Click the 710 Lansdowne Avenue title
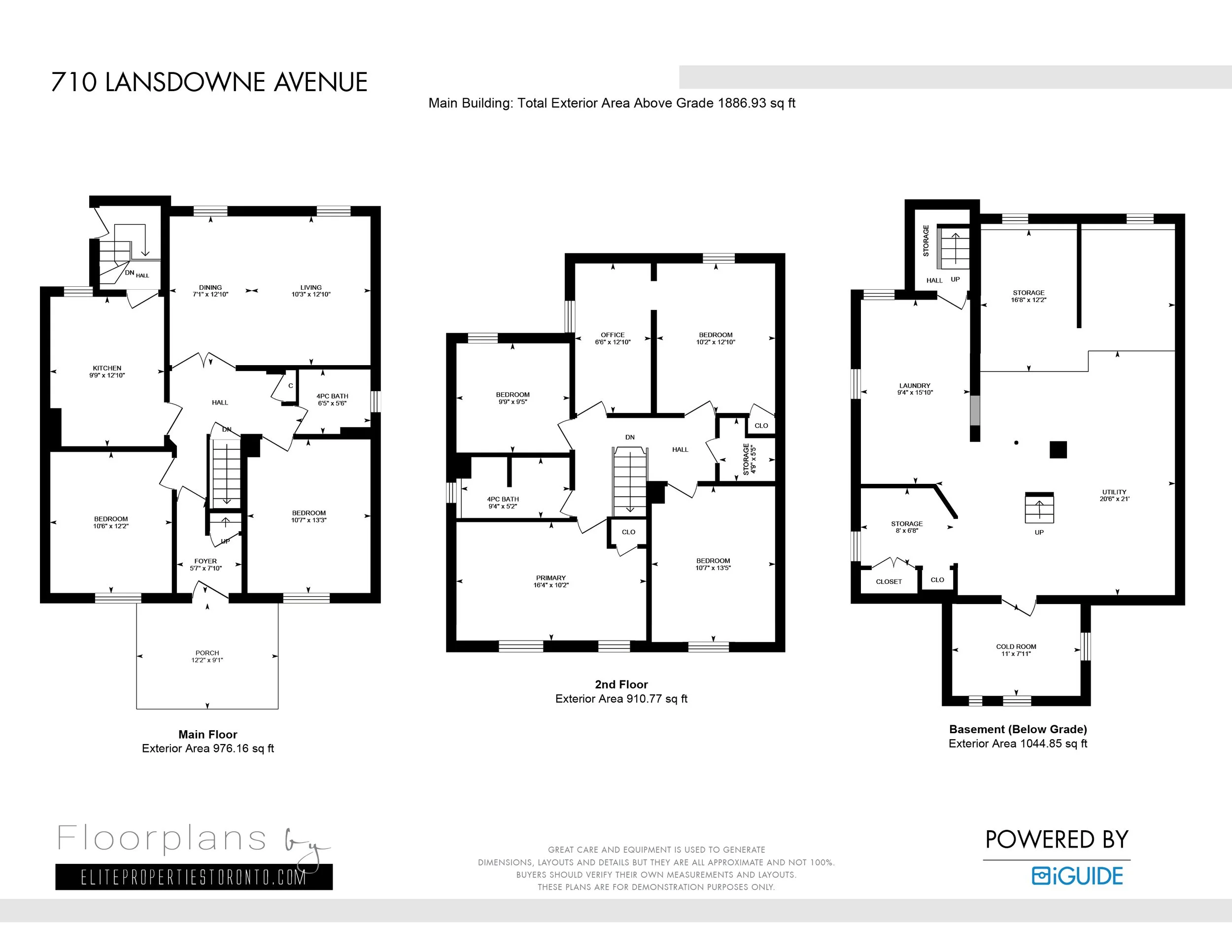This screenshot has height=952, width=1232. click(x=209, y=82)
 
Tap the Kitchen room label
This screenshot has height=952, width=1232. click(x=107, y=368)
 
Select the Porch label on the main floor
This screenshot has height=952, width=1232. click(x=207, y=653)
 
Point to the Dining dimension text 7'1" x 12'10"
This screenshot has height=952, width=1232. click(x=210, y=294)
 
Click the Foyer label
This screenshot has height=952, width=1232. click(x=205, y=561)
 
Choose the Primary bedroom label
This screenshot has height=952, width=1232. click(x=550, y=578)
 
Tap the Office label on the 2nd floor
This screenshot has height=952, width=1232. click(x=613, y=335)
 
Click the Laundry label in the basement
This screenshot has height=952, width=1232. click(x=915, y=386)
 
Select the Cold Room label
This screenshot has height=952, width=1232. click(x=1016, y=647)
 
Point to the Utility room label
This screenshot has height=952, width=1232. click(x=1114, y=492)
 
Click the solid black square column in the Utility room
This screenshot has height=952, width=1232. click(x=1058, y=449)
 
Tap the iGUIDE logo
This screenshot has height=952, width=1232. click(x=1077, y=876)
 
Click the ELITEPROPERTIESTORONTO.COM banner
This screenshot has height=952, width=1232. click(x=194, y=877)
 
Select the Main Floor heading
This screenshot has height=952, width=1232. click(x=207, y=734)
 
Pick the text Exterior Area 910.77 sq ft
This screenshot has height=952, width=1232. click(x=621, y=699)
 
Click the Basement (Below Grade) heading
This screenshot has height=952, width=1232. click(x=1018, y=729)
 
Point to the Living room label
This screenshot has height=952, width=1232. click(x=311, y=288)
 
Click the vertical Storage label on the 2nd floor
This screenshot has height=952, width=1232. click(x=746, y=459)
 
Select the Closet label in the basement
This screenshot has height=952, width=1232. click(x=889, y=581)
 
